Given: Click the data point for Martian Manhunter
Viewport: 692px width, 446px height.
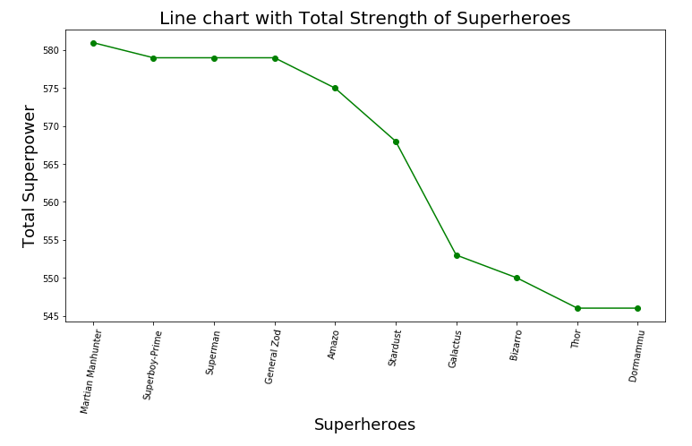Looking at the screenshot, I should (93, 43).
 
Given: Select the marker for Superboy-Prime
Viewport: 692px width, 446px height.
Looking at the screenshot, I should (153, 58).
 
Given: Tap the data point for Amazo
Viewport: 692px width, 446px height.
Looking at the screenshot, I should (335, 88).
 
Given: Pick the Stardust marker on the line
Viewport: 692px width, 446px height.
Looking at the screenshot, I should (396, 142).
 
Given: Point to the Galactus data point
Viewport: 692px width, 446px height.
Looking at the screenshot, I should (457, 255).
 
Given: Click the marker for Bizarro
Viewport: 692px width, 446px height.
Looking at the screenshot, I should (517, 278).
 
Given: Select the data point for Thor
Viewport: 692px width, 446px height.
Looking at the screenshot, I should (577, 308).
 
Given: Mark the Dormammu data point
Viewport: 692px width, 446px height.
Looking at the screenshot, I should (637, 308).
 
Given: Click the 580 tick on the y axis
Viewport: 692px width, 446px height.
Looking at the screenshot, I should (51, 50).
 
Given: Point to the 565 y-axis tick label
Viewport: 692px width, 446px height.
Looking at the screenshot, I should (51, 165).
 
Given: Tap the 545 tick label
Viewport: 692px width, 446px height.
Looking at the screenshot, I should (51, 316).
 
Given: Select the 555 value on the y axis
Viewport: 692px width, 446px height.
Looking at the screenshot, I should (51, 240).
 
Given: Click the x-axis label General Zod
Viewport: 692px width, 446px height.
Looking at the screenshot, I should (273, 356).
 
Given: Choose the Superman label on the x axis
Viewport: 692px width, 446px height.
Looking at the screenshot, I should (213, 352).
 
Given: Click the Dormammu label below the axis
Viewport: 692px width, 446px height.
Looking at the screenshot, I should (636, 356).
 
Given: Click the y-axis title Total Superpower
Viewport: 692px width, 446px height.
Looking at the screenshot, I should (30, 176).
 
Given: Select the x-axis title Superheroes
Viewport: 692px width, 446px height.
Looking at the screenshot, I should (364, 425).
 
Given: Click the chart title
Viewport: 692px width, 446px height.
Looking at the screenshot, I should (364, 19).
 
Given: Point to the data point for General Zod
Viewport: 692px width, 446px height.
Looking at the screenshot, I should (275, 58).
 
